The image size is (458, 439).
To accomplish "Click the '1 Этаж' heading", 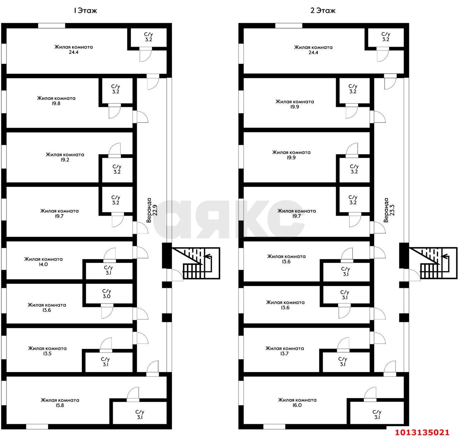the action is coord(85,11).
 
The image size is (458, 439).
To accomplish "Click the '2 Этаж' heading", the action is coord(323,11).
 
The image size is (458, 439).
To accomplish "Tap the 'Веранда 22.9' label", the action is coord(152,210).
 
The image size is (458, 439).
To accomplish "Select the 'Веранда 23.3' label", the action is coord(389,210).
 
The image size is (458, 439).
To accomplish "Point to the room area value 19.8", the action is coord(56,103).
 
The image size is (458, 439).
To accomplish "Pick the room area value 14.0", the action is coord(43,264).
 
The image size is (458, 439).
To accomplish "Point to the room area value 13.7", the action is coord(284,354).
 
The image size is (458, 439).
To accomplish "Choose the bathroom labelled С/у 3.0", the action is coord(107,294).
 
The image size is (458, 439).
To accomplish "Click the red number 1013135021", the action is coord(422,432).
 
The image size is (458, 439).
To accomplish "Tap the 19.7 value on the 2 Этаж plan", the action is coord(296,216).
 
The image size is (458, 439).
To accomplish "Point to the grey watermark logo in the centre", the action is coord(229,219).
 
